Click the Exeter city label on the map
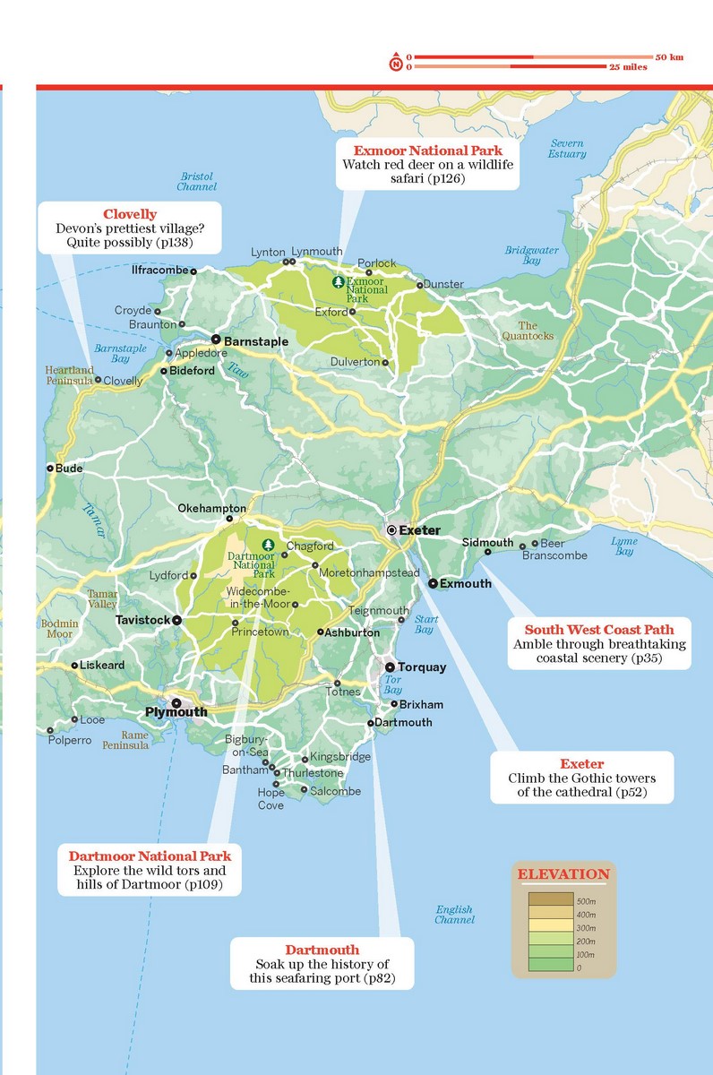coord(419,530)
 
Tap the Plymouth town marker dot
coord(176,703)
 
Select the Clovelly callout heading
coord(130,214)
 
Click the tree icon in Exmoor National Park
coord(338,282)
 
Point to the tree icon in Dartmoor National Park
coord(267,545)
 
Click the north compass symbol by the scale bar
coord(395,63)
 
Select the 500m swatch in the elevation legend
coord(553,899)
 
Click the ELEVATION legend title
coord(563,874)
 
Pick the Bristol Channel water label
coord(196,182)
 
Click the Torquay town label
coord(421,667)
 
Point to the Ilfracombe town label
coord(159,270)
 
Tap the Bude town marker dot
coord(50,468)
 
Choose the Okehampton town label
coord(210,508)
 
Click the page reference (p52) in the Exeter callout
coord(625,793)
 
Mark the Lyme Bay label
coord(623,546)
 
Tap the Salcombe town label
coord(336,791)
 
